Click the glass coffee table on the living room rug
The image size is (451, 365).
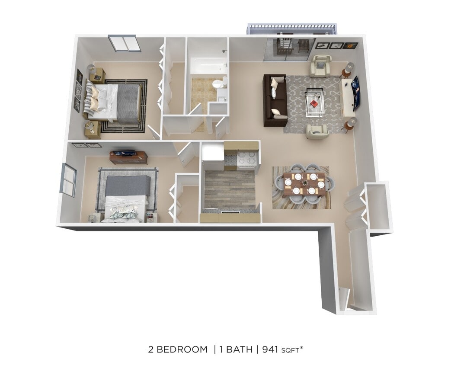pyautogui.click(x=315, y=102)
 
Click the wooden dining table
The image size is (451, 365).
pyautogui.click(x=304, y=184)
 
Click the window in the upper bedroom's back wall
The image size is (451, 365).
pyautogui.click(x=124, y=43)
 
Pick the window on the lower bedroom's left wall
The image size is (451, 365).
pyautogui.click(x=68, y=179)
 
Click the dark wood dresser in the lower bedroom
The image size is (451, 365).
pyautogui.click(x=128, y=157)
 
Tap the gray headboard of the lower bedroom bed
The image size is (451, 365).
pyautogui.click(x=128, y=185)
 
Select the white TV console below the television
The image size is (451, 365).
pyautogui.click(x=347, y=97)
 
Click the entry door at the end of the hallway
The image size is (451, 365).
pyautogui.click(x=344, y=299)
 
